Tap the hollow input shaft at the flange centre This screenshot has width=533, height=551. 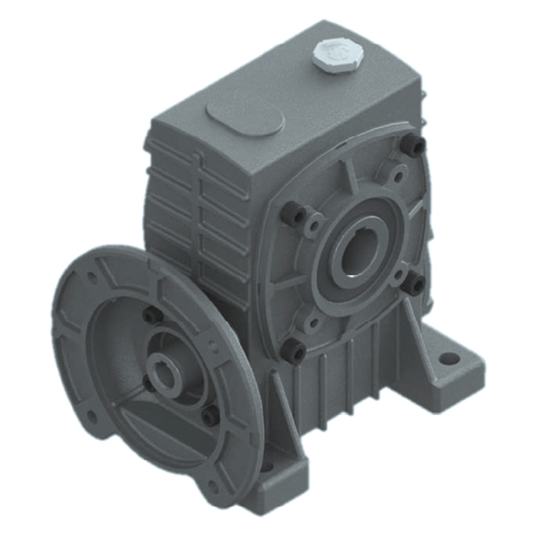[166, 374]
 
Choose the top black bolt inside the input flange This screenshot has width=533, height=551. [149, 317]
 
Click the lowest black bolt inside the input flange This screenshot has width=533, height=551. [208, 415]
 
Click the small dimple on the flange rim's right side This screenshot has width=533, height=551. [211, 346]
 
